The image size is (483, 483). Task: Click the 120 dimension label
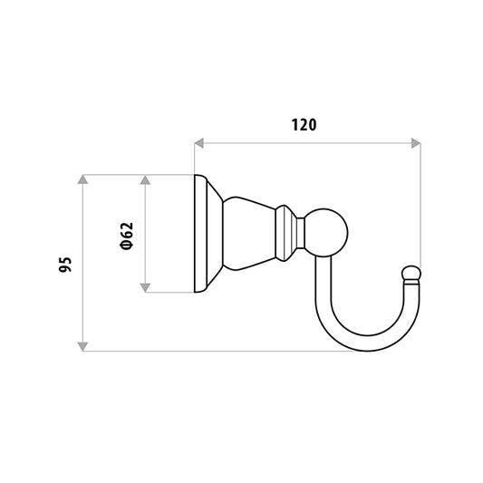(x=304, y=125)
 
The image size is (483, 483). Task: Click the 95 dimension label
(x=65, y=265)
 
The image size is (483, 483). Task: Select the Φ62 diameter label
(x=127, y=236)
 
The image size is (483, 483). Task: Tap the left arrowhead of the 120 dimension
(x=199, y=143)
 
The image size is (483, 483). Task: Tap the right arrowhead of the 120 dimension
(x=416, y=143)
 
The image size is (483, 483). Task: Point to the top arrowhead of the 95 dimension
(x=82, y=179)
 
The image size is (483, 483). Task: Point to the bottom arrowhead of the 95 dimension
(x=82, y=346)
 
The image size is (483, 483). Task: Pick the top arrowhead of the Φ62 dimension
(x=145, y=179)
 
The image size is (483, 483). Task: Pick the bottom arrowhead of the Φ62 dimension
(x=145, y=287)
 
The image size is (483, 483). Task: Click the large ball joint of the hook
(x=326, y=233)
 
